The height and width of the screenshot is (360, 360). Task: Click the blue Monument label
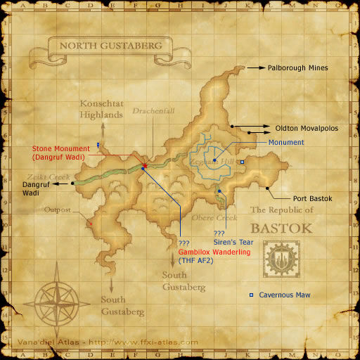tap(286, 143)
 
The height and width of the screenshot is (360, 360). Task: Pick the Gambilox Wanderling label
tap(214, 252)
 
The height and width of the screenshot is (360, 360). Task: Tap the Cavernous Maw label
tap(284, 295)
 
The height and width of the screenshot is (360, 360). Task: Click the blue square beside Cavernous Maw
tap(252, 295)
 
